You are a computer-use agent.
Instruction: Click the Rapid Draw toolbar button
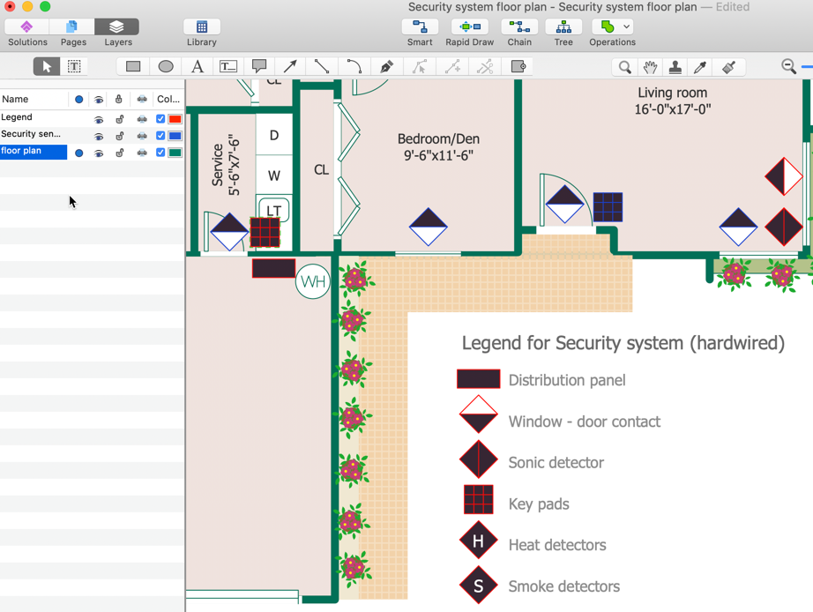click(x=469, y=32)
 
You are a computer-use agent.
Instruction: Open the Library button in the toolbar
click(x=201, y=32)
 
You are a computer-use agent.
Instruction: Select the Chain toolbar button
click(x=519, y=32)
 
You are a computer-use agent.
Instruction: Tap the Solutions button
click(x=27, y=32)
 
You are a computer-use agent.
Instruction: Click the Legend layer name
click(x=17, y=117)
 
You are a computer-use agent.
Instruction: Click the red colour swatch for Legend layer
click(x=175, y=118)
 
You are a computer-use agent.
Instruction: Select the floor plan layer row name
click(x=21, y=151)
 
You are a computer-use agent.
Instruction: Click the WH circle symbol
click(x=312, y=282)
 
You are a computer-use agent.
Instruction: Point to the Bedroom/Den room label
click(x=438, y=147)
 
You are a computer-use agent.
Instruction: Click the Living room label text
click(x=672, y=93)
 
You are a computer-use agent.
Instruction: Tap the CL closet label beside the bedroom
click(x=321, y=169)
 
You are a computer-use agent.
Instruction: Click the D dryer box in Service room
click(x=274, y=136)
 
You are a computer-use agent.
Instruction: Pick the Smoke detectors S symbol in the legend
click(x=478, y=586)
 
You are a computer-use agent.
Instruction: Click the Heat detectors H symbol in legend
click(x=478, y=542)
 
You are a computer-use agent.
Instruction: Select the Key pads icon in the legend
click(x=479, y=502)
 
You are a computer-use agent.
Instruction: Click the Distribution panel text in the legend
click(x=566, y=380)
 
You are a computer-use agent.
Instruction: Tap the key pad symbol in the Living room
click(x=608, y=207)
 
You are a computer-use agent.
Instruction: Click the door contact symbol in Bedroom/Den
click(x=429, y=227)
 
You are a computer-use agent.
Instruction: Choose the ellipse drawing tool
click(x=166, y=67)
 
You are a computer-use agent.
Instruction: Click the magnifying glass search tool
click(x=624, y=67)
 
